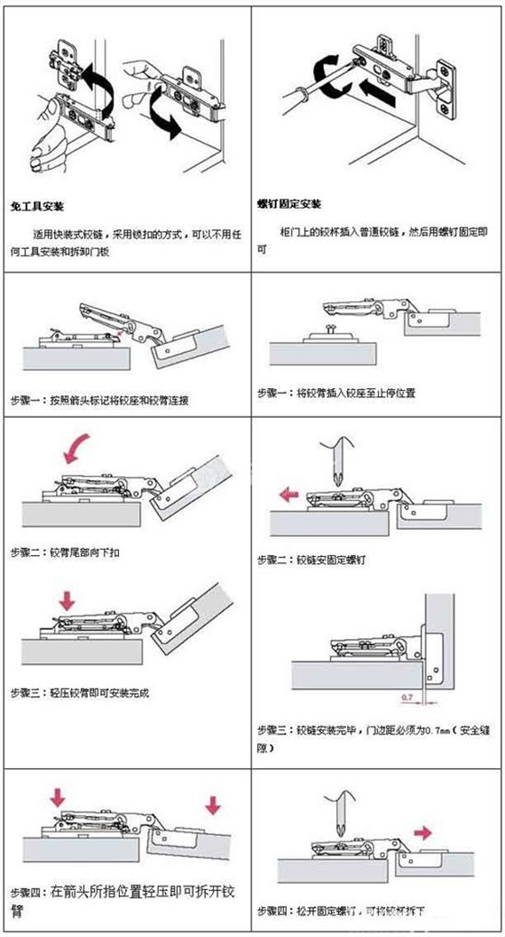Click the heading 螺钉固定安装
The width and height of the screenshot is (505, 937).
289,204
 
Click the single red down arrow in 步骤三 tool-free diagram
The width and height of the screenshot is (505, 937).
65,599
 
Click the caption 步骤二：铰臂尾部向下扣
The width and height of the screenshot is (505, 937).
65,551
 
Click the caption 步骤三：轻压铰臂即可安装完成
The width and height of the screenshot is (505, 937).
79,693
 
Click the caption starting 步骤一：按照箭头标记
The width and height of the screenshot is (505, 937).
99,399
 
